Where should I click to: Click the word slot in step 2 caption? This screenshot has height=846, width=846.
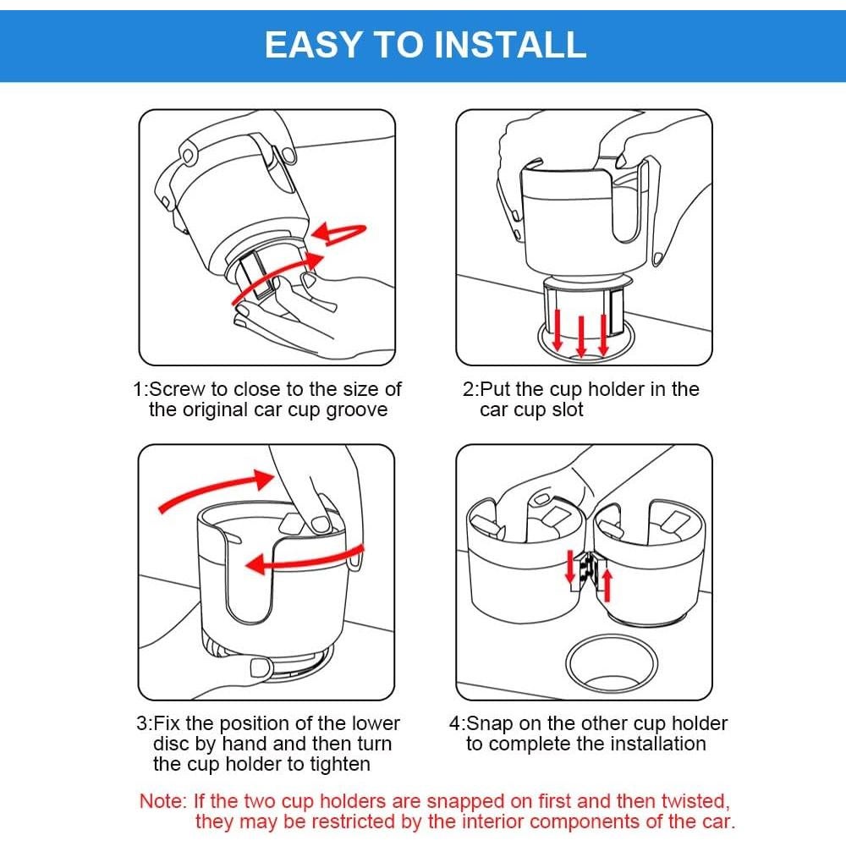568,409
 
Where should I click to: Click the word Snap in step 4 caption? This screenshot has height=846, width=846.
489,723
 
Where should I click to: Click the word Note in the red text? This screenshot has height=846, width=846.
163,801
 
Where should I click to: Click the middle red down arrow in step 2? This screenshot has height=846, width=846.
581,336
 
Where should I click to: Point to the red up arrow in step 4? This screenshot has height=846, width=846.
607,586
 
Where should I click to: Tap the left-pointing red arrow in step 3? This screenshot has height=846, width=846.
302,562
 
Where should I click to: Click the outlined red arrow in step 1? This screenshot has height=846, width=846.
339,233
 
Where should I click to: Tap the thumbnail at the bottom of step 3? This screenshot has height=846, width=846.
261,667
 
